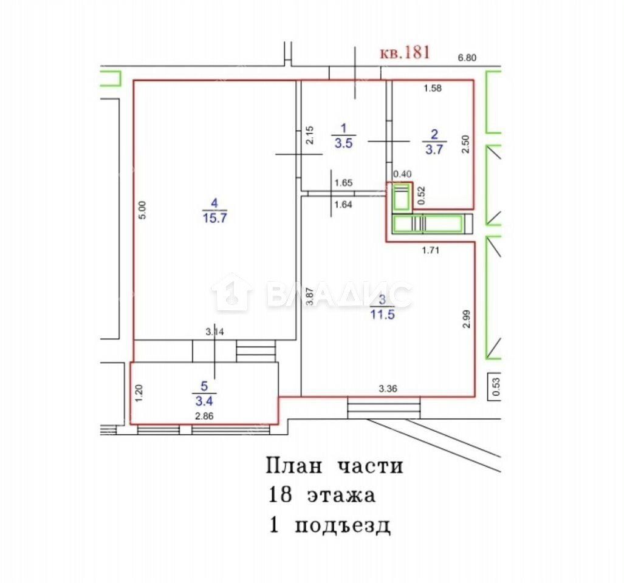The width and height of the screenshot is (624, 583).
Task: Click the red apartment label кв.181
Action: point(405,52)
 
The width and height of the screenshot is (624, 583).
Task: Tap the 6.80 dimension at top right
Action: point(467,58)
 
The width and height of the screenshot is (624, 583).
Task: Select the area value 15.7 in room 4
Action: point(215,218)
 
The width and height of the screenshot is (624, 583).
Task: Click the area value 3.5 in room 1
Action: point(343,143)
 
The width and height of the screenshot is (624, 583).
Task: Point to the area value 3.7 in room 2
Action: point(434,149)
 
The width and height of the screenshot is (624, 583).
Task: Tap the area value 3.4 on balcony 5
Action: point(204,401)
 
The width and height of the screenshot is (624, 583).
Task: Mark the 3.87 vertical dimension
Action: point(310,296)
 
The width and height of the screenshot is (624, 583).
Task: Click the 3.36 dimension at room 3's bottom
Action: point(388,389)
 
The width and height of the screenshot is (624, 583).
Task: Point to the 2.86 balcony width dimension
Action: point(204,417)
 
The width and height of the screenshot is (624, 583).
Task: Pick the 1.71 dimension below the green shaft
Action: point(431,250)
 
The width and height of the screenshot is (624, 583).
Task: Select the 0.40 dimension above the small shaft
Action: point(402,174)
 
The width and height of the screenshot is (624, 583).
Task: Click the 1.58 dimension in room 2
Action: point(433,88)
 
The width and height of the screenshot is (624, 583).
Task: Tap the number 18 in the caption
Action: point(281,495)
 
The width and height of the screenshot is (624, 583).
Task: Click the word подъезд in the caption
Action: point(343,526)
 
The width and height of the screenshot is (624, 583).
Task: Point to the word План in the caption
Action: point(293,466)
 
